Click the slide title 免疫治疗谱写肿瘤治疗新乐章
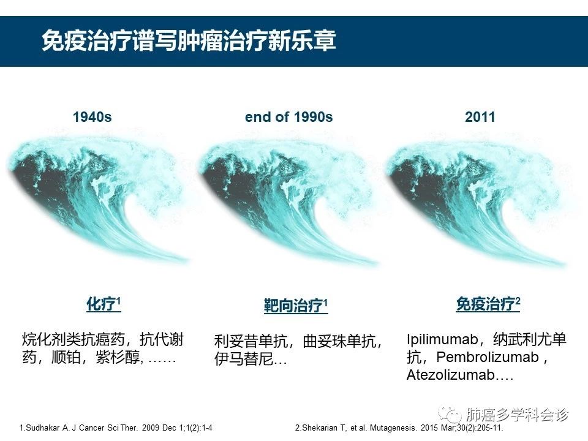189,40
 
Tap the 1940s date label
92,117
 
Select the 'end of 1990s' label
288,117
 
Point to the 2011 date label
480,117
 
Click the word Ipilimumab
442,339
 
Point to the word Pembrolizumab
488,357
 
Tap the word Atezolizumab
451,375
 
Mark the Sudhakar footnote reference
116,428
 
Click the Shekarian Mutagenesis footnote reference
399,428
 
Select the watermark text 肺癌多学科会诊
518,415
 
